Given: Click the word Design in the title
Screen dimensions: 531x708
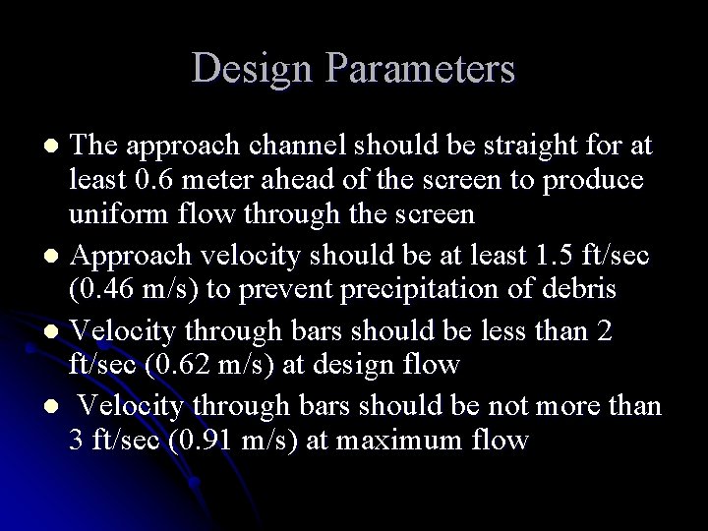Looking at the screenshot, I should point(249,69).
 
